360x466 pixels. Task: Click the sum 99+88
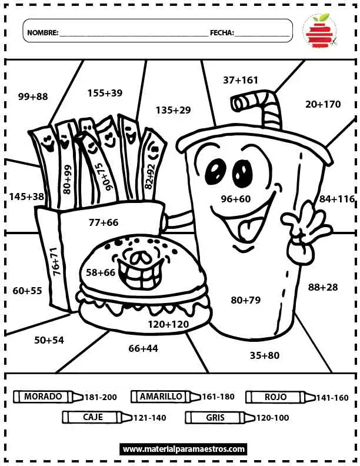coord(33,96)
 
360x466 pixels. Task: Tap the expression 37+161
coord(241,79)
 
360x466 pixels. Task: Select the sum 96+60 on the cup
coord(236,199)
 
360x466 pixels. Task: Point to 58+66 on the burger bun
coord(101,272)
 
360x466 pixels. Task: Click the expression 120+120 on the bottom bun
coord(168,324)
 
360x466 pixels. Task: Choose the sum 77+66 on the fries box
coord(104,222)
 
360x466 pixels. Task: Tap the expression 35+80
coord(265,355)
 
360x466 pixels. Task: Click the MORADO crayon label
coord(43,396)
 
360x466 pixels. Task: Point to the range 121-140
coord(149,418)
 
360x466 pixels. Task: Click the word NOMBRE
coord(43,33)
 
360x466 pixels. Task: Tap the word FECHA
coord(222,33)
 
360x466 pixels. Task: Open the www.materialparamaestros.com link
coord(184,449)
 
